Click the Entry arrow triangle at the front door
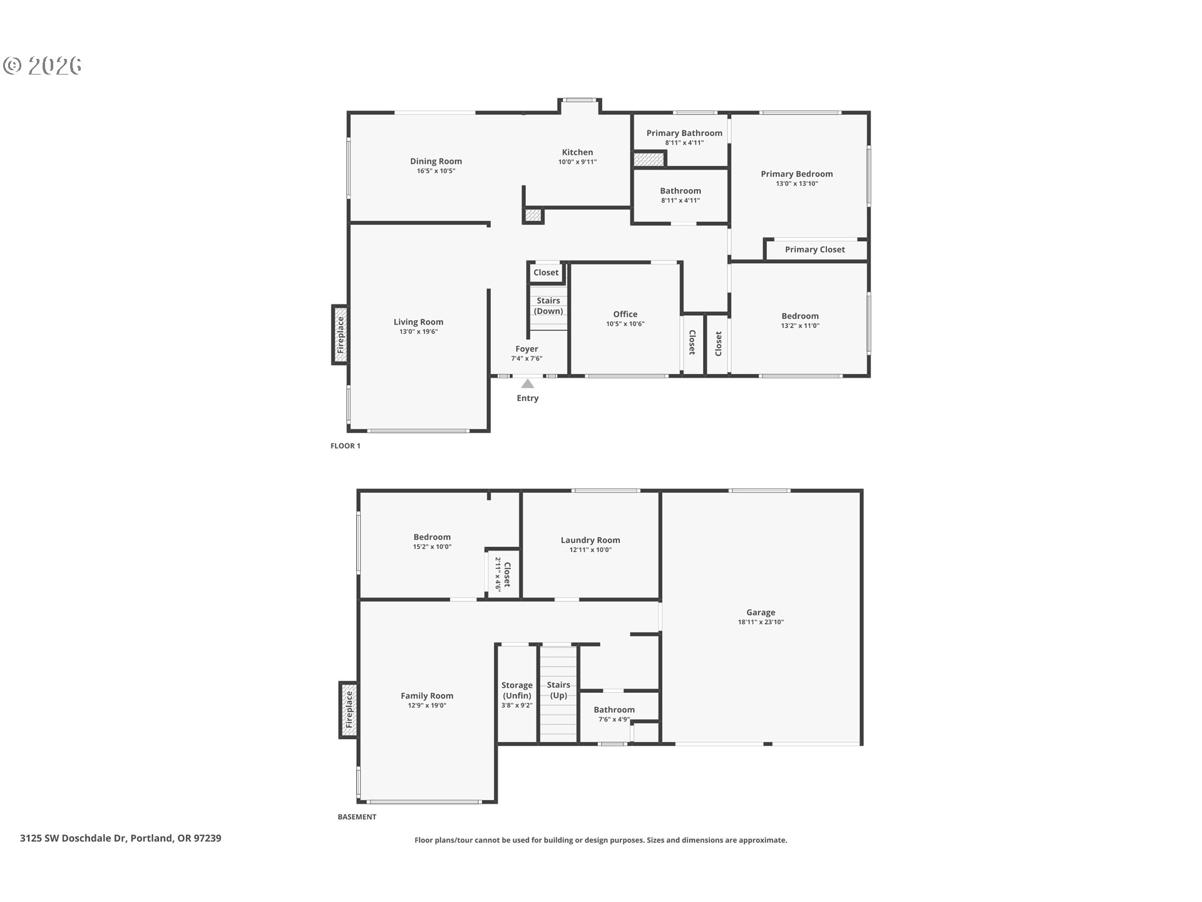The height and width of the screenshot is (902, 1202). (x=528, y=383)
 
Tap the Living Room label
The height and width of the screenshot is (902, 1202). (x=418, y=322)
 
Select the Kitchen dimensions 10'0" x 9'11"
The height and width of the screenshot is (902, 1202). (x=577, y=162)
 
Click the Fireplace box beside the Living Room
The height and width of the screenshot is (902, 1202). (x=340, y=334)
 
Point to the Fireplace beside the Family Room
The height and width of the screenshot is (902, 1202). (x=349, y=710)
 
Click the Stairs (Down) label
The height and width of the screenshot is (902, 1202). (x=548, y=306)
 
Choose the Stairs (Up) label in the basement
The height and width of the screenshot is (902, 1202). (x=558, y=690)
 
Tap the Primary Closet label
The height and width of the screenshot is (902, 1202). (x=814, y=249)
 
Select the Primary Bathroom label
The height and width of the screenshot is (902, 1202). (x=684, y=133)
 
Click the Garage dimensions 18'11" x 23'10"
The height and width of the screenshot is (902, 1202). (x=761, y=623)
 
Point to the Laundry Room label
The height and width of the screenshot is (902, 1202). (x=590, y=540)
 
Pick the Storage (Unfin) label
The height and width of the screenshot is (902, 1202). (x=516, y=690)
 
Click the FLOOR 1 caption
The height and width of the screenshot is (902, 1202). (x=346, y=446)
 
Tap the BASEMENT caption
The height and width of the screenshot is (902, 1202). (x=357, y=817)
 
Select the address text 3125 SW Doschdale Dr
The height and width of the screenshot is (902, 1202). (x=73, y=838)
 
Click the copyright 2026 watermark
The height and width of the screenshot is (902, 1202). (x=43, y=65)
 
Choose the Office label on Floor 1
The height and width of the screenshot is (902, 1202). (x=625, y=314)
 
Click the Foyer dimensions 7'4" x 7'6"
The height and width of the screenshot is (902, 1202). (x=527, y=359)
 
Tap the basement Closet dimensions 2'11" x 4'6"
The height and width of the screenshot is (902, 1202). (x=498, y=574)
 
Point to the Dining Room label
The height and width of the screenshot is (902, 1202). (x=436, y=161)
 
